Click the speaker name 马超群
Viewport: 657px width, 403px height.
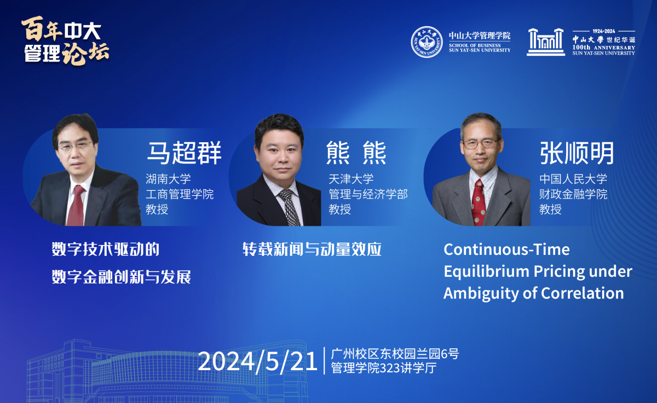(184, 153)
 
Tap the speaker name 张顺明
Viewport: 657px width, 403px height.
(577, 153)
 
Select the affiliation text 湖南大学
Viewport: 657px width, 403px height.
(168, 179)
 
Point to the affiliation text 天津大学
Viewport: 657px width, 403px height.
(351, 179)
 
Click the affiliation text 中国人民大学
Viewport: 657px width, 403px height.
(573, 179)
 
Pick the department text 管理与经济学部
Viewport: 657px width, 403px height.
(368, 194)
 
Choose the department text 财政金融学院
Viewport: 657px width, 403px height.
(573, 194)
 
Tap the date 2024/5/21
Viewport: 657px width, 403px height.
(257, 361)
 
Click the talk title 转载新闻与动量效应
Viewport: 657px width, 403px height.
(312, 249)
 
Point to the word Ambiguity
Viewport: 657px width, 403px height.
(481, 294)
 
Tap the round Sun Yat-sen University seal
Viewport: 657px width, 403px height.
(427, 42)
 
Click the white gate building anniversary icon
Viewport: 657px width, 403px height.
(545, 42)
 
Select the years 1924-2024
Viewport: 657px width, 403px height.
(603, 31)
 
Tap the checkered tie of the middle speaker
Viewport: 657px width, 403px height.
(289, 207)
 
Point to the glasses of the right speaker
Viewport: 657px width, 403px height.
(481, 143)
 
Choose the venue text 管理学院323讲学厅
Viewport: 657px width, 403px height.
(384, 368)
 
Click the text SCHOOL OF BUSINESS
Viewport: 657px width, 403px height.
(475, 45)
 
